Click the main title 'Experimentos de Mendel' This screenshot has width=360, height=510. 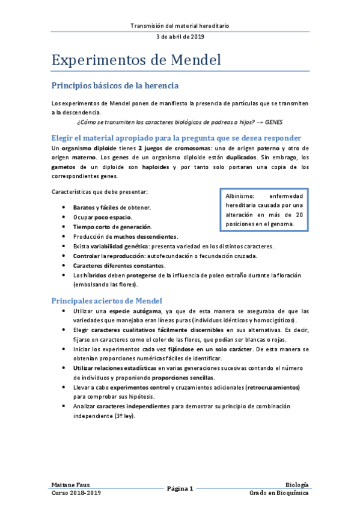pos(136,60)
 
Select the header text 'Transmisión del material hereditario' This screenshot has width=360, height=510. pos(180,26)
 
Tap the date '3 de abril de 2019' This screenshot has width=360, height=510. pos(180,37)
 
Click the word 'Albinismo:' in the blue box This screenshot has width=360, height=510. pos(239,196)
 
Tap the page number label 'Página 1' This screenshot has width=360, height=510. pos(180,488)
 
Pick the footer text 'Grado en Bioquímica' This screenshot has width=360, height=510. pos(279,493)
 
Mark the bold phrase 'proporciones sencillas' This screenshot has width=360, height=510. pos(182,377)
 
